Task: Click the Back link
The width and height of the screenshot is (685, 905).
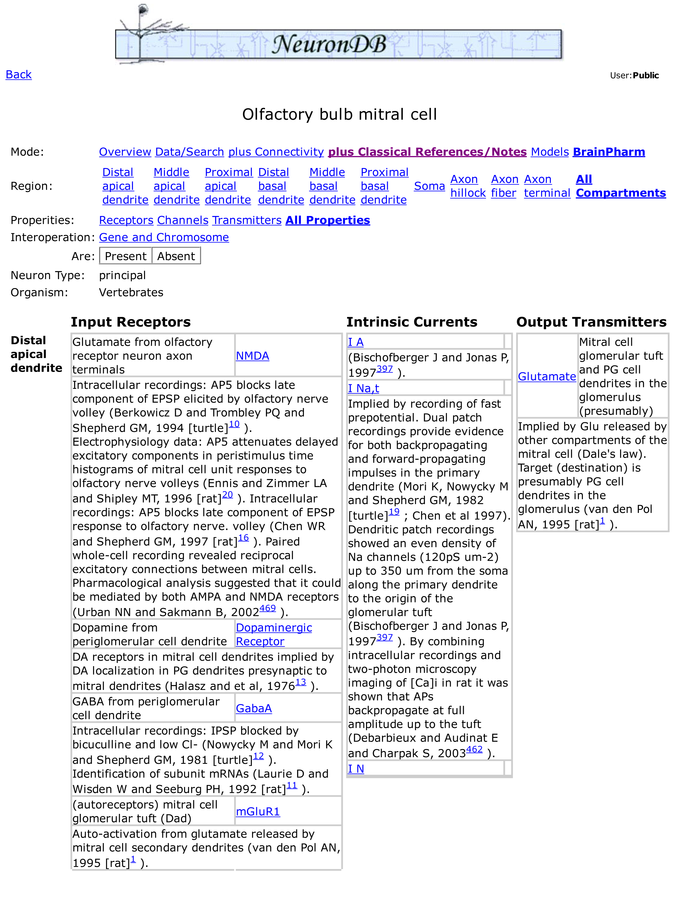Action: (18, 75)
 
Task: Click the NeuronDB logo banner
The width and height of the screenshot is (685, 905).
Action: (338, 43)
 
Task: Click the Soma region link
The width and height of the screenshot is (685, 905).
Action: (429, 186)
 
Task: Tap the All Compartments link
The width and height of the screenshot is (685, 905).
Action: (620, 186)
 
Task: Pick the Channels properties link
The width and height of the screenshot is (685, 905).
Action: (183, 220)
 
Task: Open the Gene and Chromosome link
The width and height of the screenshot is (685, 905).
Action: (164, 237)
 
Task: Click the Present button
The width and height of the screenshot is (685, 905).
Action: (125, 256)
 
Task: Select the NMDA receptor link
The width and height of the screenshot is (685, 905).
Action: (252, 356)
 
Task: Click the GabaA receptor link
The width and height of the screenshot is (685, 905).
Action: (254, 708)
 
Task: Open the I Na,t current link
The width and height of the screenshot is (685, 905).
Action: (363, 388)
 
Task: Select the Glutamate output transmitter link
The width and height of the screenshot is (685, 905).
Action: (547, 376)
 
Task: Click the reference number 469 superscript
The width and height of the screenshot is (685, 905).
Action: (267, 608)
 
